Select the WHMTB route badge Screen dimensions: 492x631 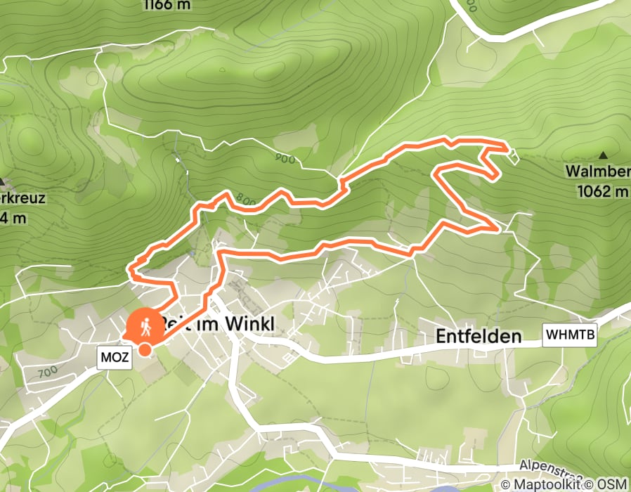(x=570, y=336)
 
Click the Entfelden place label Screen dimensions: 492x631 (x=479, y=337)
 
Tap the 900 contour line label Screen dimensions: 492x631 (x=285, y=160)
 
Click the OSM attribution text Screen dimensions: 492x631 (x=612, y=484)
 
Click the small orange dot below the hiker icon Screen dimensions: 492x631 (x=144, y=349)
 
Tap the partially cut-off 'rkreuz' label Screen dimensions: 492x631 (x=22, y=198)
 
